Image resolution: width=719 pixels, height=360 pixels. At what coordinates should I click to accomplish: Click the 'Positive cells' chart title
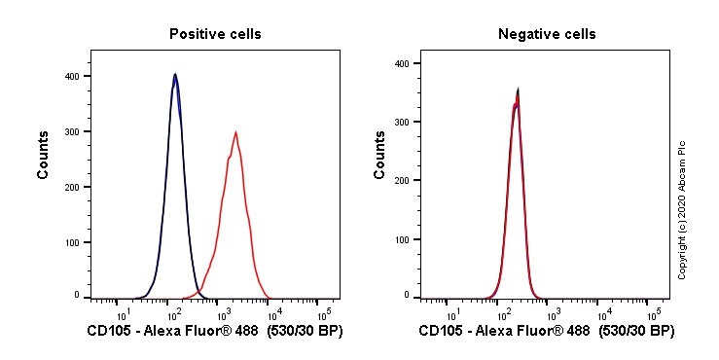point(215,34)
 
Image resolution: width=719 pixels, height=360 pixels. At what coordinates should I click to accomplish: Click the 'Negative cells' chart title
point(547,34)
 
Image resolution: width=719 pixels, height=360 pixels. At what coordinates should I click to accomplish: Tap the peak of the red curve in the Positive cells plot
point(235,132)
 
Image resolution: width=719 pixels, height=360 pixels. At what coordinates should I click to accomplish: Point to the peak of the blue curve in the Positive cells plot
point(175,75)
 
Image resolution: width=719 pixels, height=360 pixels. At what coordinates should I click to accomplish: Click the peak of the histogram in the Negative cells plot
point(518,90)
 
